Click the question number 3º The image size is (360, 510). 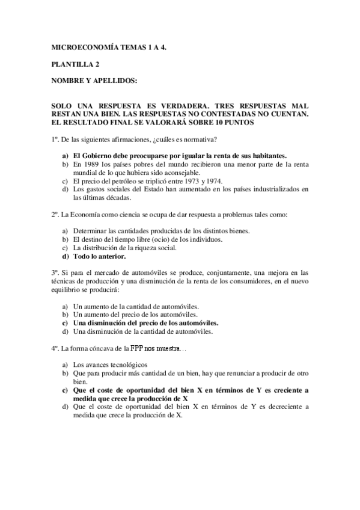pyautogui.click(x=55, y=272)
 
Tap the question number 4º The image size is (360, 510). pyautogui.click(x=55, y=348)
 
